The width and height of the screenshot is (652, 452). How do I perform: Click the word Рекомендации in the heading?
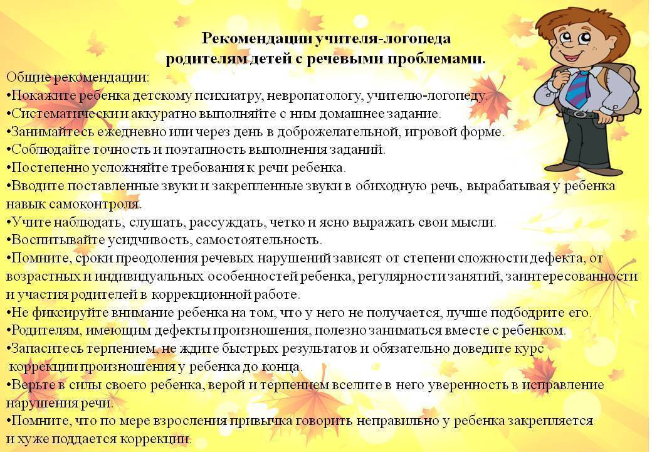(257, 38)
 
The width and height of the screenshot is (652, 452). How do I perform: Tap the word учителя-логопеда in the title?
(383, 38)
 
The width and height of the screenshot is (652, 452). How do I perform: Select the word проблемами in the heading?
(436, 59)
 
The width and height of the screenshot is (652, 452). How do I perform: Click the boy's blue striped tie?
(579, 89)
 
